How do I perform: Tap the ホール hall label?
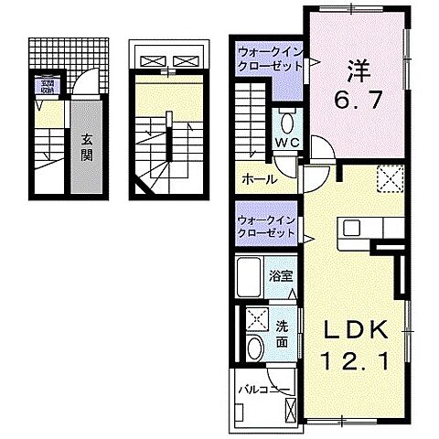pyautogui.click(x=257, y=179)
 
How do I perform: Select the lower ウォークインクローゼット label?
pyautogui.click(x=265, y=226)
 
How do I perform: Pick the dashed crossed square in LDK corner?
pyautogui.click(x=391, y=179)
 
